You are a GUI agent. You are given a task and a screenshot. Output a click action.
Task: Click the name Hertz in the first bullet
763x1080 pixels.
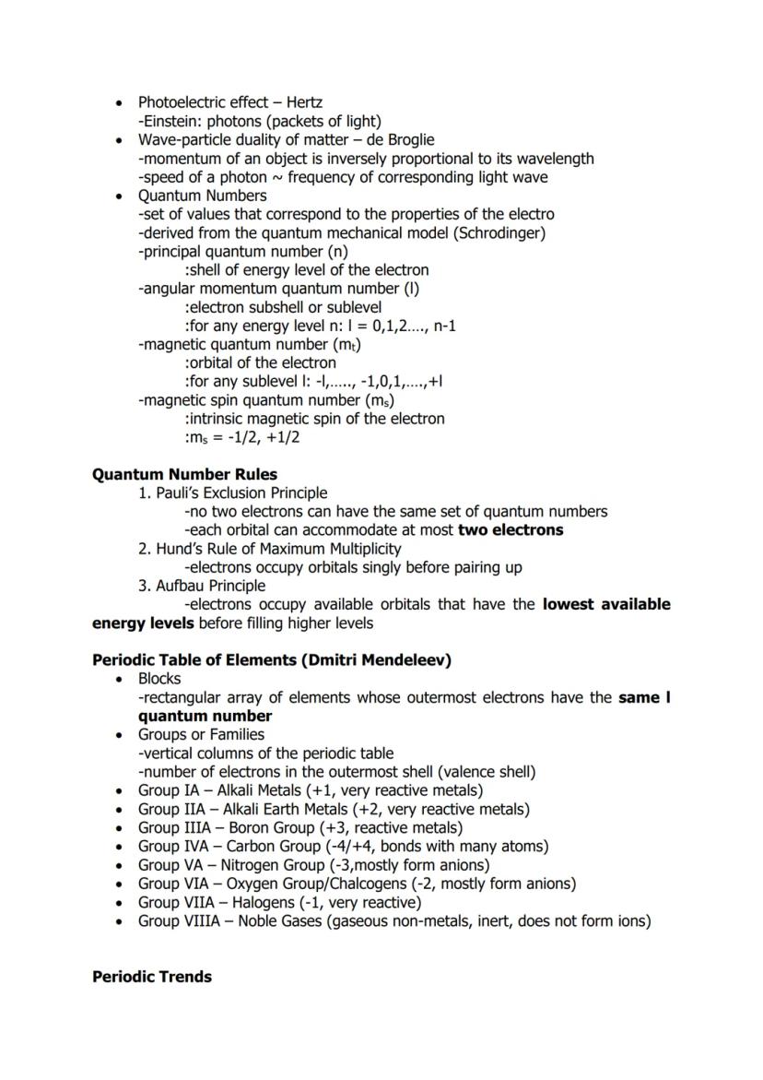tap(304, 102)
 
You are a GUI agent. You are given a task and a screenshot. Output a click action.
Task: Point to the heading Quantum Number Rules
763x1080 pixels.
tap(184, 475)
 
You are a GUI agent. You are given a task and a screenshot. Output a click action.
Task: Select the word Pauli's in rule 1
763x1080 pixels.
tap(180, 493)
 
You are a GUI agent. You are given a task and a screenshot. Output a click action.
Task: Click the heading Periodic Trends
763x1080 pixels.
tap(152, 977)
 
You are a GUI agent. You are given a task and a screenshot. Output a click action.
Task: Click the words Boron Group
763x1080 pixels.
tap(271, 827)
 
